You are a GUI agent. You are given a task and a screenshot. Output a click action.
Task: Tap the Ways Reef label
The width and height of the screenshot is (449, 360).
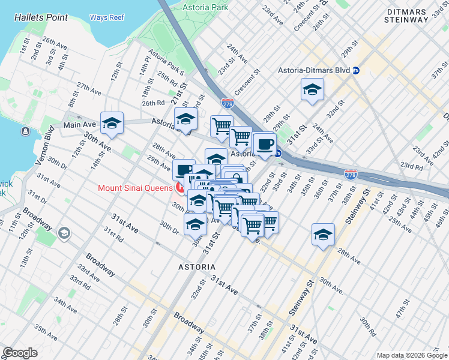(106, 17)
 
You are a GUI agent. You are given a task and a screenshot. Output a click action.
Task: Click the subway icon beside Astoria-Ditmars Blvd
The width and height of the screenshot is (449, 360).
(356, 70)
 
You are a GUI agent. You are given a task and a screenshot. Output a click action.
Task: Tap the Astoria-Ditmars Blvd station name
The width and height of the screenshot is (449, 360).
(313, 70)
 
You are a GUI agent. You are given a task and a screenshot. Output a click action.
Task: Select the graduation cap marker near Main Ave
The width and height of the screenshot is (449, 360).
(112, 123)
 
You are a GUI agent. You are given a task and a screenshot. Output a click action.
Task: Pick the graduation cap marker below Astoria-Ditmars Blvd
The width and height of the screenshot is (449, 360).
(312, 90)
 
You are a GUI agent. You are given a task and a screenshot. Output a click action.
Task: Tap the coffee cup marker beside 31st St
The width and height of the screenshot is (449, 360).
(264, 145)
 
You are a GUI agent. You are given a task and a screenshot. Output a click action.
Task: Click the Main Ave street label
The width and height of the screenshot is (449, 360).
(80, 125)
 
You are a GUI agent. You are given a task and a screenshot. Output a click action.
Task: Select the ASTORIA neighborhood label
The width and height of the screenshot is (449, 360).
(196, 266)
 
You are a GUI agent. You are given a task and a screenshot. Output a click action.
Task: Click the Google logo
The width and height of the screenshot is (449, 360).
(20, 352)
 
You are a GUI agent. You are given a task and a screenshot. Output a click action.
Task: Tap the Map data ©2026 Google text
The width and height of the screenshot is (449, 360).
(411, 355)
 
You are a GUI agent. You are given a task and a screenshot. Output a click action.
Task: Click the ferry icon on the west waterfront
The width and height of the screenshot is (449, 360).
(25, 131)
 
